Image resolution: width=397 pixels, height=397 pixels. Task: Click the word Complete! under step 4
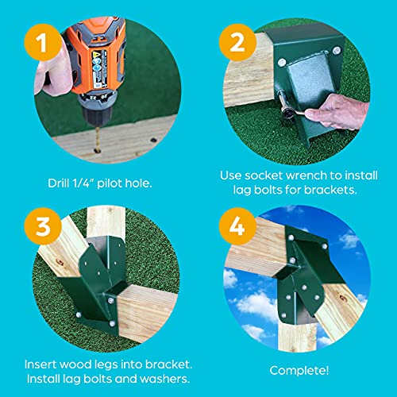pyautogui.click(x=299, y=370)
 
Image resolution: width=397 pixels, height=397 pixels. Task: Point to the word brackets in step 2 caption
pyautogui.click(x=337, y=191)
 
